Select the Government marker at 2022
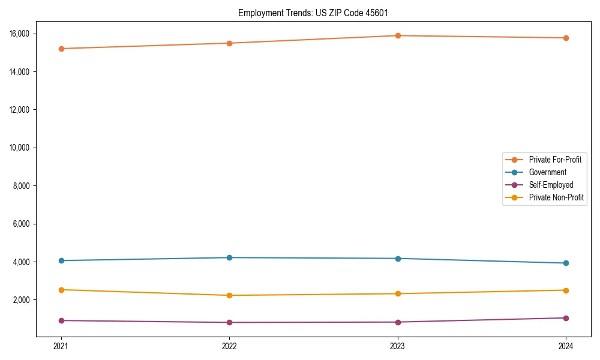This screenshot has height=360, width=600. (229, 257)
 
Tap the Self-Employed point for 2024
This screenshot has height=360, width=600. (566, 318)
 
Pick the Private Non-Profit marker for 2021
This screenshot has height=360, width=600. (61, 290)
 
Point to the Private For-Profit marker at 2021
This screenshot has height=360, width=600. (61, 49)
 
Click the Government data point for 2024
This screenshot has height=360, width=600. (566, 263)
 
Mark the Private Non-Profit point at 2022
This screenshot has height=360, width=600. (229, 295)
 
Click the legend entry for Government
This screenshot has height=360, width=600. (547, 172)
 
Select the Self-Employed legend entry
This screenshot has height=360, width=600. (551, 185)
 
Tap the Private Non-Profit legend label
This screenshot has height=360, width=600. (556, 197)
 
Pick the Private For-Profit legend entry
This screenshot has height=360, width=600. (554, 160)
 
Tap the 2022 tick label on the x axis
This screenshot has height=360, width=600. (229, 346)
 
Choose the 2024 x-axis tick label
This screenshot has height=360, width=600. (566, 346)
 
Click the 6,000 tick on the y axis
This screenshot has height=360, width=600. (22, 224)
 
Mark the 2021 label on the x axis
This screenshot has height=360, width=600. (61, 346)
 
